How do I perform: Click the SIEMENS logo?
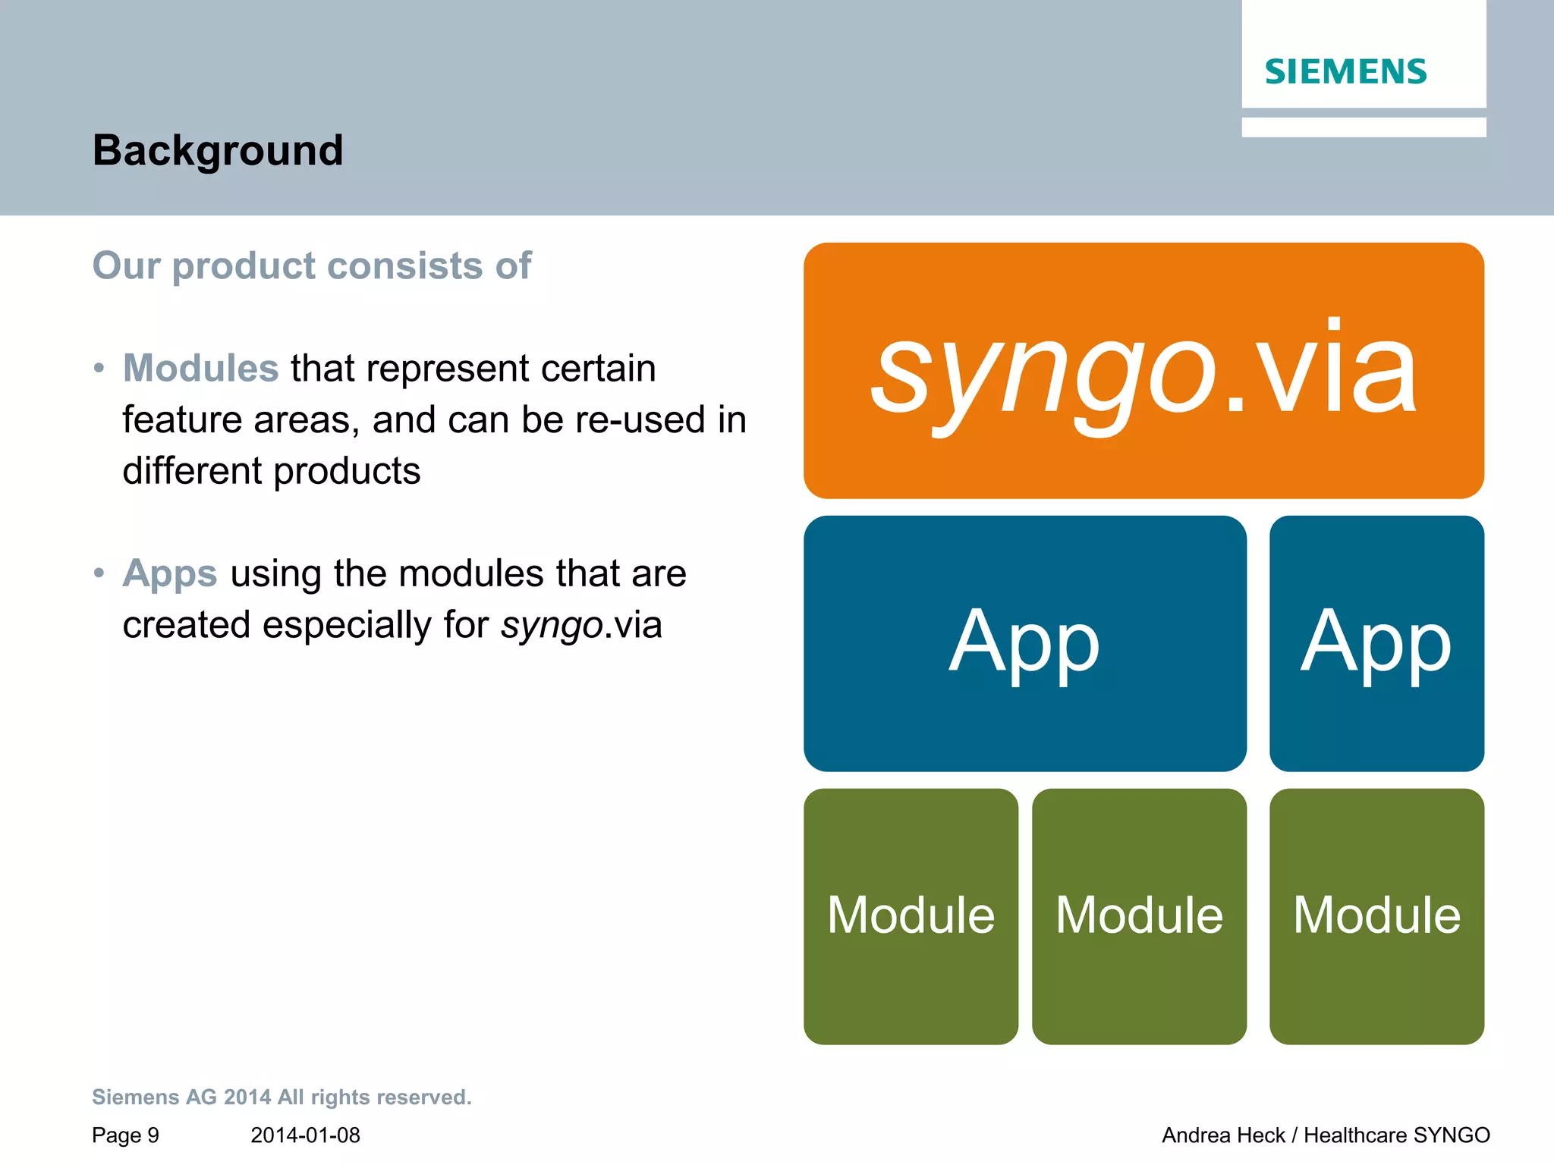tap(1345, 72)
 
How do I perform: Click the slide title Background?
tap(218, 150)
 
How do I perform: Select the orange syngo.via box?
tap(1143, 370)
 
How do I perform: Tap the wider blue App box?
tap(1024, 643)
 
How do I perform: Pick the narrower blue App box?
tap(1376, 643)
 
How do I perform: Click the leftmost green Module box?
tap(911, 915)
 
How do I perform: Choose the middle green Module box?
tap(1139, 915)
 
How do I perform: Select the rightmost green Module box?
tap(1376, 915)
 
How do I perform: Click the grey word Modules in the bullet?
tap(200, 369)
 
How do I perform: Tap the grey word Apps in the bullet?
tap(170, 573)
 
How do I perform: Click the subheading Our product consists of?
tap(311, 266)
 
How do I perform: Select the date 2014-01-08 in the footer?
tap(305, 1135)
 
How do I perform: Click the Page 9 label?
tap(125, 1135)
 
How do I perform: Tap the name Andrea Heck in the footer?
tap(1223, 1135)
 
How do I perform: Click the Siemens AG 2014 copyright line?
tap(282, 1097)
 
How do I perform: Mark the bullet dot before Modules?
tap(99, 369)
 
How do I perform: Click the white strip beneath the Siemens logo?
tap(1363, 127)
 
